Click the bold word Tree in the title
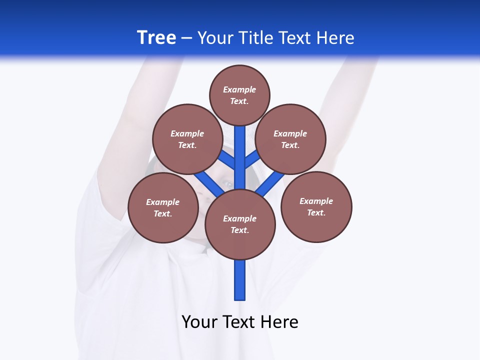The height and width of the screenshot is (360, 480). click(x=156, y=38)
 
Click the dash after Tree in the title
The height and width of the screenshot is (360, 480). click(x=186, y=38)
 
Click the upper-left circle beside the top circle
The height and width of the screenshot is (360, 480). click(x=187, y=139)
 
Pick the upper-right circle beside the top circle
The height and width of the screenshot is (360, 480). click(x=290, y=139)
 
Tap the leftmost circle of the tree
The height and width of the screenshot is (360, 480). click(x=163, y=207)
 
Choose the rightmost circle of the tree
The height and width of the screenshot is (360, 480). click(x=316, y=206)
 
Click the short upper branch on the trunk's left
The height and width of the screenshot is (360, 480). click(x=227, y=159)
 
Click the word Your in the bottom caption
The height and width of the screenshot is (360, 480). click(x=199, y=321)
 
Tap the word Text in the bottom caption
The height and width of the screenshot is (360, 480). click(x=240, y=321)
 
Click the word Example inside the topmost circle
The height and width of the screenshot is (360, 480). click(x=239, y=89)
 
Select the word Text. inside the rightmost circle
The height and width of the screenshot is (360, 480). click(x=316, y=212)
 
